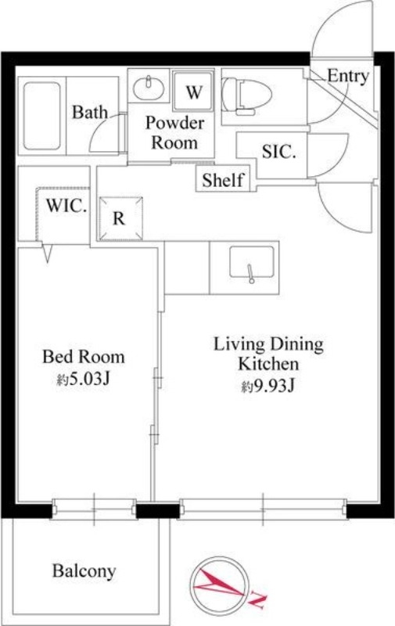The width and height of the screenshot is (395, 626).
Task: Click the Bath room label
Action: pos(90,112)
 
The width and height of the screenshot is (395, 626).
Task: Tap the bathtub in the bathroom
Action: pos(42,116)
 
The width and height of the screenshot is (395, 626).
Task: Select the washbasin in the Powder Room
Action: pos(149,88)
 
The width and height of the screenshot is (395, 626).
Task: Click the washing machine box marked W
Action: pos(193,91)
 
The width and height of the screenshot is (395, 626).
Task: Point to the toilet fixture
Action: pos(246,95)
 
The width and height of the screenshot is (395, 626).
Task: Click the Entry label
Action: pos(348,76)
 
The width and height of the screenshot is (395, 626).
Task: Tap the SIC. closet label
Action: pos(279,152)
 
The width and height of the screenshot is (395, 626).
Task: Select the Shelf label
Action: pos(223,180)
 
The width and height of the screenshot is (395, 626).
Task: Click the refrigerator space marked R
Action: pos(120,218)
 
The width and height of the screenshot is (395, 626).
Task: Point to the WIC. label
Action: pos(66,205)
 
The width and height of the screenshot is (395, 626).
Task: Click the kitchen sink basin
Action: pos(251,261)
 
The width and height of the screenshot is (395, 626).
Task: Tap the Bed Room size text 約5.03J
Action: pos(83,379)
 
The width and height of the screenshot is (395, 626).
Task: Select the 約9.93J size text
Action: pos(268,386)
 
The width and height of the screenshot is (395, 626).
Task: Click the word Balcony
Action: pos(84,571)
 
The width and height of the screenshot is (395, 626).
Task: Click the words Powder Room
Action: pos(174,132)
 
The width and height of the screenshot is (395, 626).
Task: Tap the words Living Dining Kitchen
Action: pos(268,354)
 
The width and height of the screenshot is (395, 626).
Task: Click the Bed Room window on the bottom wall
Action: pos(94,509)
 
